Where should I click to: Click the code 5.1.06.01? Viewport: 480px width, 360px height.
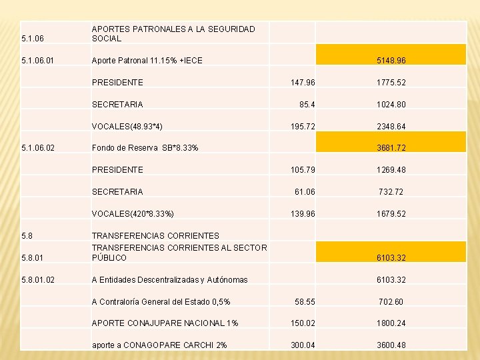[x=37, y=61]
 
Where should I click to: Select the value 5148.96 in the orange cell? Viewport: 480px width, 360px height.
[x=391, y=61]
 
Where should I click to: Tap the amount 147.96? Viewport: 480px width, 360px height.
[x=303, y=83]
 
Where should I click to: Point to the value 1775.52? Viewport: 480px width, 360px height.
[x=391, y=83]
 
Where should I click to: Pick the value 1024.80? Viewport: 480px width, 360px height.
[x=391, y=105]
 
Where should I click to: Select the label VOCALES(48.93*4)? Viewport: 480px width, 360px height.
[x=127, y=126]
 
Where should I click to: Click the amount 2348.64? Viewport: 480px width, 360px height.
[x=391, y=126]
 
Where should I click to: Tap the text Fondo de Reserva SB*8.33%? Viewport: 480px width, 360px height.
[x=145, y=147]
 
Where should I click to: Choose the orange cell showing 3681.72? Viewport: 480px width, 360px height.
[x=391, y=147]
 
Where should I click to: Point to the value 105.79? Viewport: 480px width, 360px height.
[x=303, y=169]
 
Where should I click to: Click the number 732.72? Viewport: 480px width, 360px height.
[x=391, y=191]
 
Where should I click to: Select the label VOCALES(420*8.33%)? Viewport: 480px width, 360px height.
[x=133, y=213]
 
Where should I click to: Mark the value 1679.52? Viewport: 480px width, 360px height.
[x=391, y=213]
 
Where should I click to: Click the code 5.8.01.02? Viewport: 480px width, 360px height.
[x=37, y=279]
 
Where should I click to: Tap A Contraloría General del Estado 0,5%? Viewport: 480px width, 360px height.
[x=161, y=302]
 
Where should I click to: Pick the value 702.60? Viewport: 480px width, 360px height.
[x=391, y=302]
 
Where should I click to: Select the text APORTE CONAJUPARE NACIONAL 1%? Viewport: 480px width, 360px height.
[x=165, y=323]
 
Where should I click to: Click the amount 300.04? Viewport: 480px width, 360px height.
[x=303, y=345]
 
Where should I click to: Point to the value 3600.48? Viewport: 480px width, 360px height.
[x=391, y=345]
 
